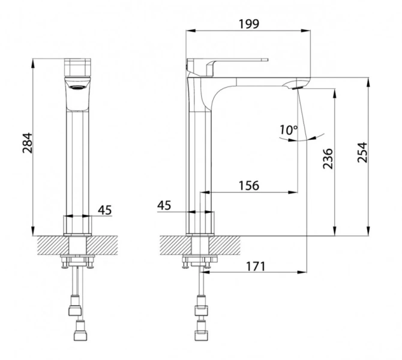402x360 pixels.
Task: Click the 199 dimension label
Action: point(249,24)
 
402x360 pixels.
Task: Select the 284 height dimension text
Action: point(28,143)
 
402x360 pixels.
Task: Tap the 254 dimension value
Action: point(362,152)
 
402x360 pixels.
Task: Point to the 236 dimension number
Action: point(328,158)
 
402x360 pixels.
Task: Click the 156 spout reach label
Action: point(249,185)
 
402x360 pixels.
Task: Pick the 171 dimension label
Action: point(256,266)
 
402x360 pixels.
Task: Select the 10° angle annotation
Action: point(289,130)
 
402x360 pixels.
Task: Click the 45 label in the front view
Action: point(105,210)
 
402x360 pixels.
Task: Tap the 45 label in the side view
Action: point(164,205)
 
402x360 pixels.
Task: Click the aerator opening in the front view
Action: point(77,88)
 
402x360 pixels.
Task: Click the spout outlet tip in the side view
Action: point(297,88)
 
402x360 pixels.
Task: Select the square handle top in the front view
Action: point(77,67)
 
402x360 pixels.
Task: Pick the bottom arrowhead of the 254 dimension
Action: point(368,231)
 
